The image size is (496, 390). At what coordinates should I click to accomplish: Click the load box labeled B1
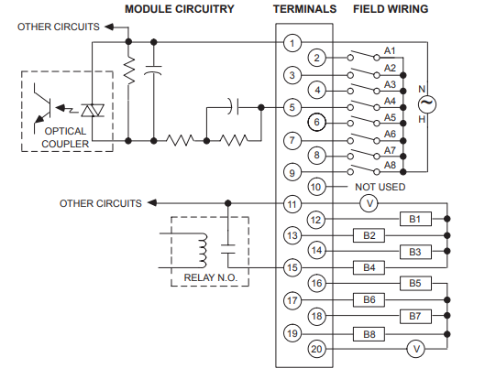click(415, 219)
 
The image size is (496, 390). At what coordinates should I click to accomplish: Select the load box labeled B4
click(369, 268)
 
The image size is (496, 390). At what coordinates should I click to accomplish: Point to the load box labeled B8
click(369, 334)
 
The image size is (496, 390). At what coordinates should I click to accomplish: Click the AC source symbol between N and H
click(427, 104)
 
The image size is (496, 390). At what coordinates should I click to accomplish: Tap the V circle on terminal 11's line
click(369, 203)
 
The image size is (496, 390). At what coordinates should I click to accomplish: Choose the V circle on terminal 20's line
click(416, 349)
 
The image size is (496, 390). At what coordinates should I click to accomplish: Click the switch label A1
click(390, 50)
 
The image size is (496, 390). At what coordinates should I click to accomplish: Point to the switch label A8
click(390, 165)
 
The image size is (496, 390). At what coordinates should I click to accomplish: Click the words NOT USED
click(380, 187)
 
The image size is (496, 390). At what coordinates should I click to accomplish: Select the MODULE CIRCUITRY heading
click(180, 9)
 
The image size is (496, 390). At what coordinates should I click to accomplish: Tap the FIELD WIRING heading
click(391, 9)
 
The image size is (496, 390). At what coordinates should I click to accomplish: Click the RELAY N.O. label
click(210, 277)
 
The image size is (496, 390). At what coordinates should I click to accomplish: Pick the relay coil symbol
click(203, 251)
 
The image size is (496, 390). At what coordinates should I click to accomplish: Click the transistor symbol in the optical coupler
click(42, 108)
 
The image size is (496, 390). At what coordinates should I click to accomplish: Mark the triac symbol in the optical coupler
click(93, 111)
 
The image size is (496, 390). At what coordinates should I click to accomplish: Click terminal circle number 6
click(316, 122)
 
